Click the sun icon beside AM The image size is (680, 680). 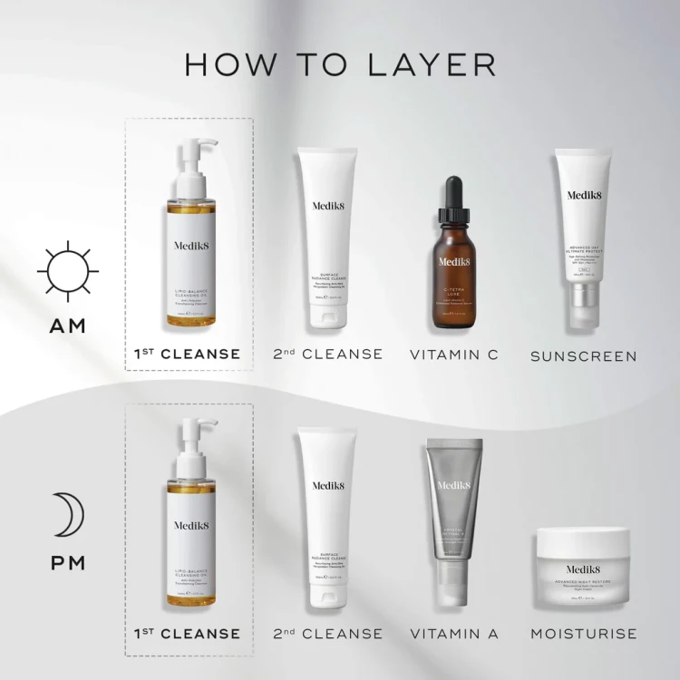coord(66,269)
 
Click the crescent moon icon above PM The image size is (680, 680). coord(66,516)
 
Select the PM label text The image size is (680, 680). coord(66,563)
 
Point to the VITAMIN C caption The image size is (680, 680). coord(453,354)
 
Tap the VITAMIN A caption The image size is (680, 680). coord(453,633)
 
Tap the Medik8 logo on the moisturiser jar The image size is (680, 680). coord(582,546)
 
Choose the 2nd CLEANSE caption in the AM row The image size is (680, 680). coord(328,354)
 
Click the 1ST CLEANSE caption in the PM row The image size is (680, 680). coord(187,633)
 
